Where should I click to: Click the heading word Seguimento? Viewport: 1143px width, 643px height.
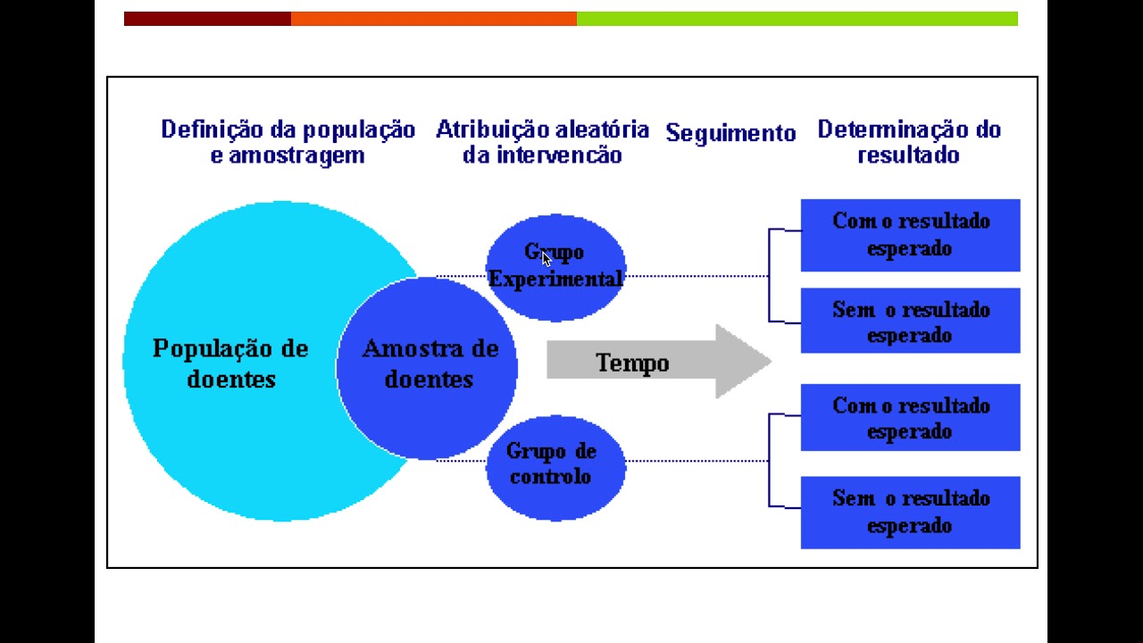[x=730, y=134]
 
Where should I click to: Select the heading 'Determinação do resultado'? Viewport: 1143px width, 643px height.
[x=909, y=142]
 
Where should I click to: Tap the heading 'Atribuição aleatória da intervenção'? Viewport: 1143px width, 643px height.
[x=542, y=142]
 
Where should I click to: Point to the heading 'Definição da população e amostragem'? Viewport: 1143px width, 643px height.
[x=288, y=142]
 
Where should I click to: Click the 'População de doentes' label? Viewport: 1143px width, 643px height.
[x=230, y=363]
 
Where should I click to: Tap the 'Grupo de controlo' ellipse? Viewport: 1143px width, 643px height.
[x=555, y=465]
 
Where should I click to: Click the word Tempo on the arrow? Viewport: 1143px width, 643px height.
[x=631, y=363]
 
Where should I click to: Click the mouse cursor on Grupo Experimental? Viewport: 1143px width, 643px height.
[x=546, y=258]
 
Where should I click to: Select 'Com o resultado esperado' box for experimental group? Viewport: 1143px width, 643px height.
[x=910, y=235]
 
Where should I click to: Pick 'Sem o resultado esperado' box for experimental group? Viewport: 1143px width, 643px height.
[x=910, y=321]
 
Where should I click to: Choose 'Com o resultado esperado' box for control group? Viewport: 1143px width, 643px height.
[x=910, y=418]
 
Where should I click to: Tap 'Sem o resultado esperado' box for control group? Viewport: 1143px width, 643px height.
[x=910, y=512]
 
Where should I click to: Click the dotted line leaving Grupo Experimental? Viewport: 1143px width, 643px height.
[x=697, y=276]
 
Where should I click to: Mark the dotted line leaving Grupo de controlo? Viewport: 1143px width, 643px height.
[x=697, y=461]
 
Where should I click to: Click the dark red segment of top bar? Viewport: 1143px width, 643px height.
[x=207, y=19]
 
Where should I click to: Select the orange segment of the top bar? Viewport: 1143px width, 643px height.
[x=433, y=19]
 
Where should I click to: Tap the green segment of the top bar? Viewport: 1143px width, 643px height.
[x=797, y=19]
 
